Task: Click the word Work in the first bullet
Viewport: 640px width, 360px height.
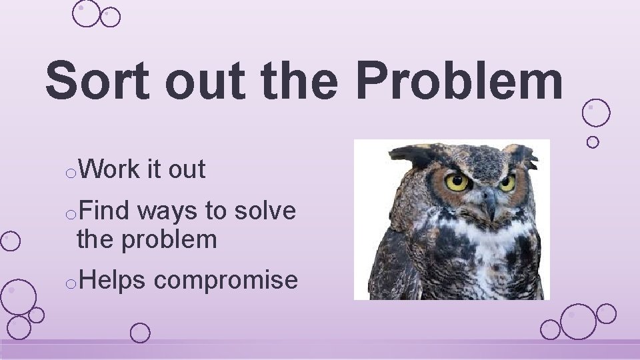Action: coord(109,170)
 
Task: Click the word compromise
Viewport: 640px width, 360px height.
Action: coord(226,281)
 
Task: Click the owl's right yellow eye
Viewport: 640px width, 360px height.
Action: coord(507,182)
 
